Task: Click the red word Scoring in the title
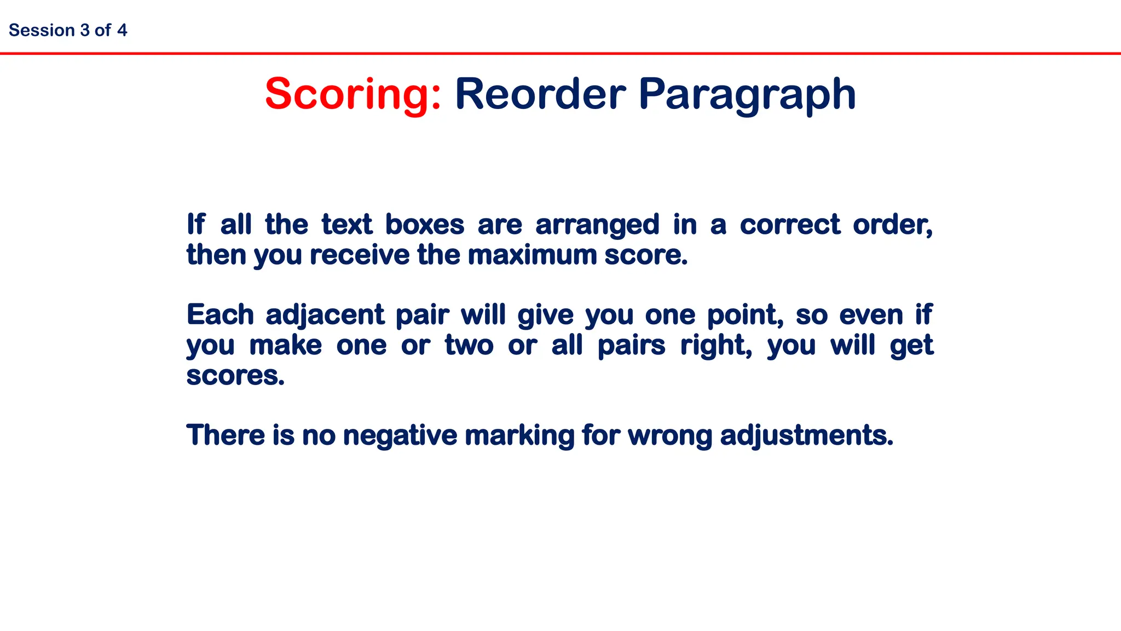(x=352, y=94)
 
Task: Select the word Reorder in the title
(x=540, y=94)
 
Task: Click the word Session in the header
(x=42, y=30)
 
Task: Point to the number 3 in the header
(x=84, y=30)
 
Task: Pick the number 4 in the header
(x=122, y=30)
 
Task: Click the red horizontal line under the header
(x=560, y=53)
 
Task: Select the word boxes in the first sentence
(x=425, y=225)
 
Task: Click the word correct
(x=790, y=225)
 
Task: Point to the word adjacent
(x=325, y=315)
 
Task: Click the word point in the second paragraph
(x=744, y=315)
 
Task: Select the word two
(x=469, y=346)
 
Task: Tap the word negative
(x=400, y=436)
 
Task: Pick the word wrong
(x=670, y=436)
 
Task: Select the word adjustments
(x=806, y=436)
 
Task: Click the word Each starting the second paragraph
(x=220, y=315)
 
